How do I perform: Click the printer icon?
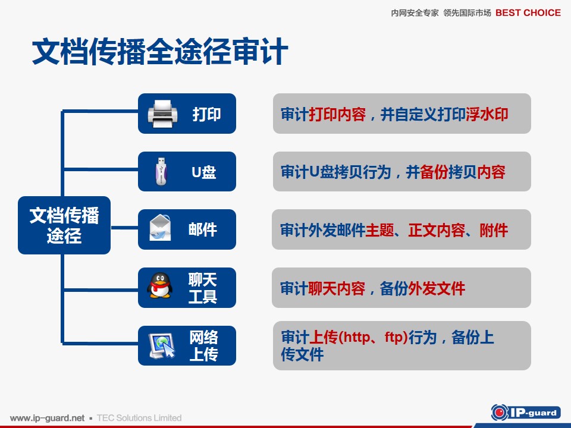[162, 114]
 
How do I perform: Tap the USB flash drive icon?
[161, 171]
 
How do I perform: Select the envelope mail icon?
[160, 228]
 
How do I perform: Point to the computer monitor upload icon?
[162, 345]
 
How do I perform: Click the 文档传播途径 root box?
[64, 225]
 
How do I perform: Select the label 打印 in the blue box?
[206, 114]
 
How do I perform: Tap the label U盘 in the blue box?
[204, 172]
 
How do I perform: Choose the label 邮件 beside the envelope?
[203, 229]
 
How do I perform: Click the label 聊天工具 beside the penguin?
[202, 288]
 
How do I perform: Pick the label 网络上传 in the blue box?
[203, 346]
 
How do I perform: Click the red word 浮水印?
[487, 114]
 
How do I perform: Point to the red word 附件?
[494, 230]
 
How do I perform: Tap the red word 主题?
[379, 230]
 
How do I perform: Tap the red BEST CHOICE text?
[528, 12]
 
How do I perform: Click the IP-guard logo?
[525, 413]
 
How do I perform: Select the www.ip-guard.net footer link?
[47, 418]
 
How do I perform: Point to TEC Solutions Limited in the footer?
[139, 418]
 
